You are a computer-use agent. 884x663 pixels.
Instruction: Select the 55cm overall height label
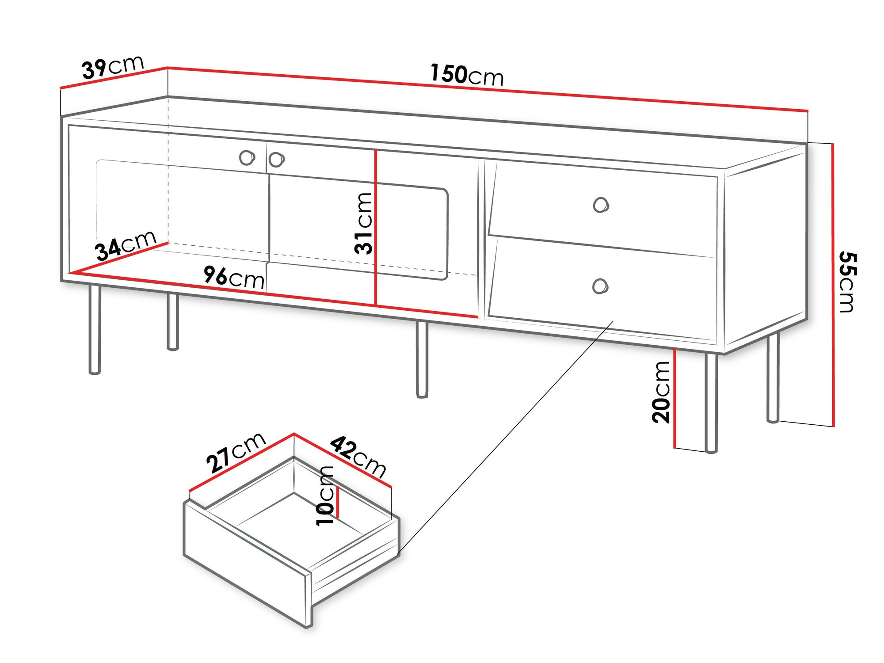[847, 282]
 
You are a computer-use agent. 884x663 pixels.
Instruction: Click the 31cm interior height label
[364, 223]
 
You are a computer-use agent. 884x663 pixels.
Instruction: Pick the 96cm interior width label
[234, 278]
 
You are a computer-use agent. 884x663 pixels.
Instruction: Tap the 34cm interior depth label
[126, 246]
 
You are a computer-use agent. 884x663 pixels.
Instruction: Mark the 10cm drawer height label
[325, 496]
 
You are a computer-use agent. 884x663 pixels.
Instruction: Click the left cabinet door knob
[247, 157]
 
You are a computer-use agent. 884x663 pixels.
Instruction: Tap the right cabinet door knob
[276, 160]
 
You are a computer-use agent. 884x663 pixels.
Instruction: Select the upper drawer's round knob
[601, 205]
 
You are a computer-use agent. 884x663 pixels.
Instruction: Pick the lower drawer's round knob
[600, 286]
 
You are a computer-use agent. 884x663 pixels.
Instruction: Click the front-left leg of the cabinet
[95, 329]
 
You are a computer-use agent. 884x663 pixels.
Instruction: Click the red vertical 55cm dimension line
[833, 285]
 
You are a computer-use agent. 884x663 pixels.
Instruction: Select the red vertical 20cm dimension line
[675, 398]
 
